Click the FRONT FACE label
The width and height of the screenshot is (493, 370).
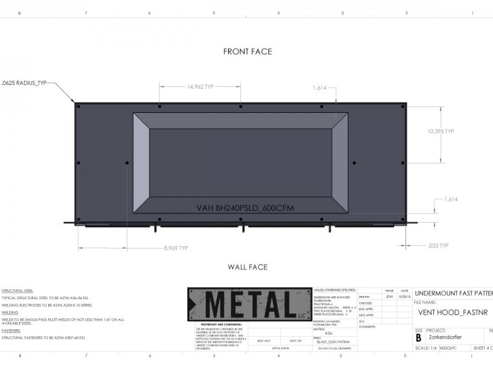[247, 52]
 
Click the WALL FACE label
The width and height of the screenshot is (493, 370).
[247, 267]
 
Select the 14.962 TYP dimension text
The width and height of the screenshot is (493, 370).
[200, 87]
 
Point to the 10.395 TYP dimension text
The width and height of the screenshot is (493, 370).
[441, 131]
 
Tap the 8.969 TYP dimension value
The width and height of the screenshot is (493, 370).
[176, 248]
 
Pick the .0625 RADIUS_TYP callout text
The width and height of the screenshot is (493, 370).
[24, 82]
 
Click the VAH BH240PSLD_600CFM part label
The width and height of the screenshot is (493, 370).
[245, 208]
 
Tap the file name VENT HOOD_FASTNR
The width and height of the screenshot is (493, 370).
[452, 313]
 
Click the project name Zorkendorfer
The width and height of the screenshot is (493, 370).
[445, 337]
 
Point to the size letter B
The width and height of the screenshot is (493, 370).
[419, 337]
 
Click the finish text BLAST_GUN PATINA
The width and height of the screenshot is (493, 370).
[333, 341]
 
